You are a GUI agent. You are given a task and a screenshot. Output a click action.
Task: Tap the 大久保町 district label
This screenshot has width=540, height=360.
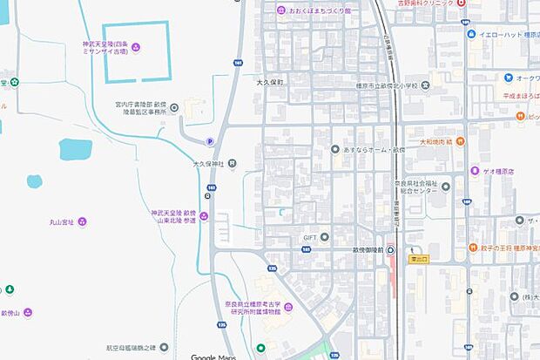270,81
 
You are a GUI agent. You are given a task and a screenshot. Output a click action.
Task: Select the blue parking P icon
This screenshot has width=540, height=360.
209,142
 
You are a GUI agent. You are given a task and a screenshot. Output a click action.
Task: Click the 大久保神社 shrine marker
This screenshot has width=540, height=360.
232,164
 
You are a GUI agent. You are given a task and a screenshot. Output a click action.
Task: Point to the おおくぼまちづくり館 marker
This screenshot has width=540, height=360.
281,10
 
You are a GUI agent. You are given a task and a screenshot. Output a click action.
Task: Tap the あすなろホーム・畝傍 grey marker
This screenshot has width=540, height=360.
335,150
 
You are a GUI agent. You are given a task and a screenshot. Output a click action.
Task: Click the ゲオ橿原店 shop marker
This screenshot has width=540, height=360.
475,171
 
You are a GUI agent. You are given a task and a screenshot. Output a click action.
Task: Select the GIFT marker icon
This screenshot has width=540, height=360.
324,236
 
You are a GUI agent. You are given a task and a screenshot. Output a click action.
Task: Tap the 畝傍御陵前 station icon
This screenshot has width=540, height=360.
391,250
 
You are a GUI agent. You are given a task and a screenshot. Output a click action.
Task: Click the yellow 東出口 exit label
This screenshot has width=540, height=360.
420,259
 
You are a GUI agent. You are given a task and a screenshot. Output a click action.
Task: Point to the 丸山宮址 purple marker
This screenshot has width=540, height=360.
82,221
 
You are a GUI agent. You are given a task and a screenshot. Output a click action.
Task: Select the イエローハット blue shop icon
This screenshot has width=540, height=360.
470,36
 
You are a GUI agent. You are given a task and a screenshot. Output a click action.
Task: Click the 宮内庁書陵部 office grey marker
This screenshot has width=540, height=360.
174,108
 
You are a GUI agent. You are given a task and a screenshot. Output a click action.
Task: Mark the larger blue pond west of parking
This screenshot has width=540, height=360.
75,150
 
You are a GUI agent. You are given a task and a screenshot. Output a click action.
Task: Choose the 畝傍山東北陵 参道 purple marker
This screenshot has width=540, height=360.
203,216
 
